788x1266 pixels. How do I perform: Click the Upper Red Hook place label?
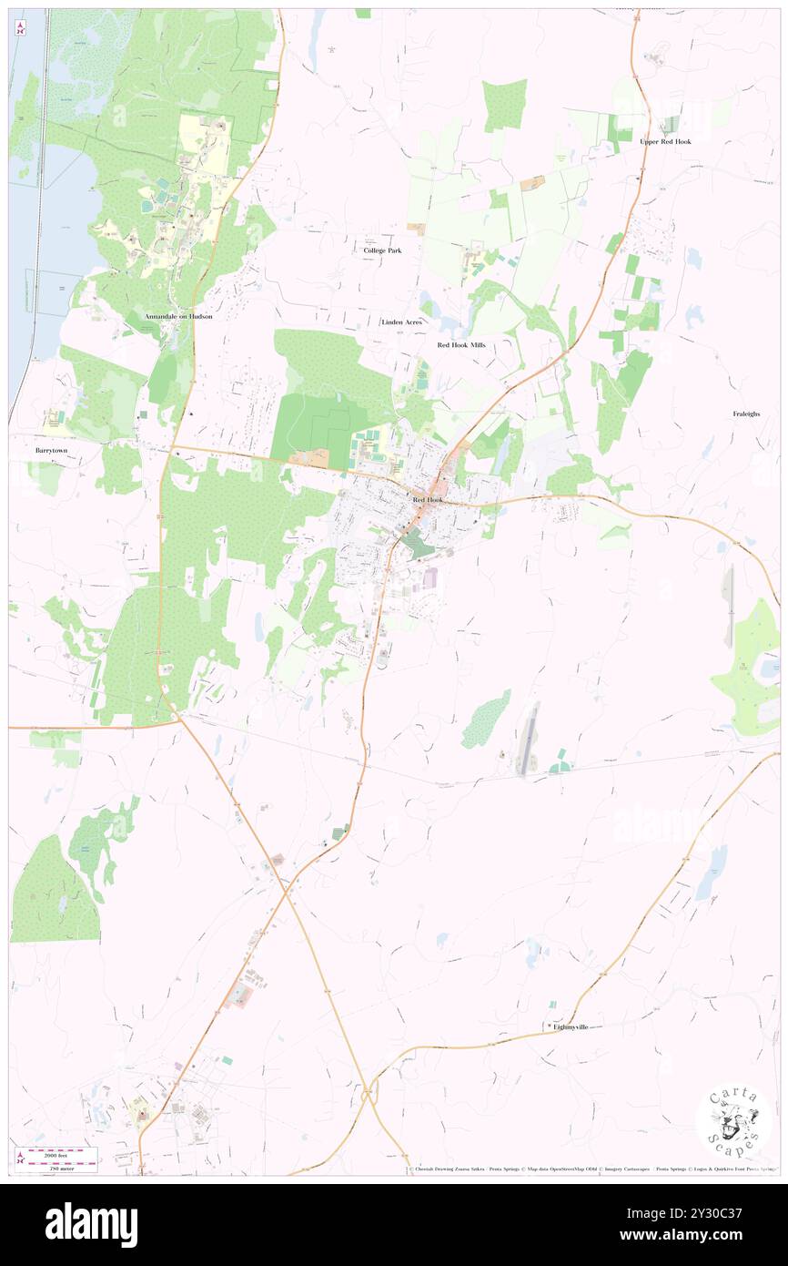tap(664, 142)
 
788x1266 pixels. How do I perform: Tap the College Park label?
tap(382, 250)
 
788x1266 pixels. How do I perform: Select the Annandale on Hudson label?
tap(178, 316)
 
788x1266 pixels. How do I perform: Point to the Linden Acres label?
tap(401, 322)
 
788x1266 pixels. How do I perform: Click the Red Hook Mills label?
tap(461, 345)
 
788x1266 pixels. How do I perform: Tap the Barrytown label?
tap(52, 450)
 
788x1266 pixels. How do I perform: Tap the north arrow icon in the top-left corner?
tap(20, 26)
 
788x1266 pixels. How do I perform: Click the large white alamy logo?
tap(91, 1225)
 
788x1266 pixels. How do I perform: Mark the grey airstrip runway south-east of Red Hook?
tap(527, 740)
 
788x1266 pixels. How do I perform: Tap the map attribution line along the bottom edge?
tap(591, 1169)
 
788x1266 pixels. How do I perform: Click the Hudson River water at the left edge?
tap(23, 228)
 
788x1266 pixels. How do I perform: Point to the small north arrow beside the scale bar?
tap(20, 1159)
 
